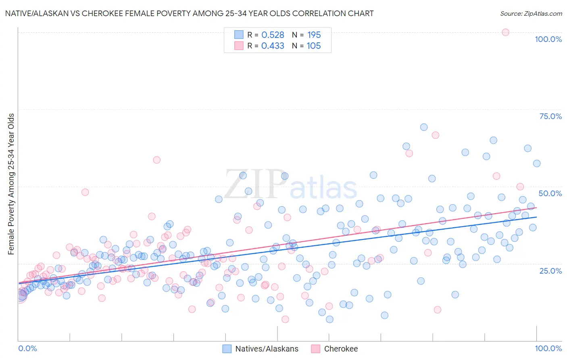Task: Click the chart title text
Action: [x=189, y=13]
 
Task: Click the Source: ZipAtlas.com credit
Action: [x=531, y=13]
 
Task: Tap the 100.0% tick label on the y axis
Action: [x=548, y=39]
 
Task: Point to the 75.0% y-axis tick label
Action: [x=550, y=116]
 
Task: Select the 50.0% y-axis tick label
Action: [x=550, y=193]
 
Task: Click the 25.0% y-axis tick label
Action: [x=550, y=270]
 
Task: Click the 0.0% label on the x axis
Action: [x=27, y=348]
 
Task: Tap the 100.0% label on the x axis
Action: [x=548, y=348]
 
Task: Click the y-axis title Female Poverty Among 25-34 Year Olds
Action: [x=11, y=184]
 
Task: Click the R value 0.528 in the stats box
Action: [x=273, y=35]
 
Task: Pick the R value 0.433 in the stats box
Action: [x=273, y=46]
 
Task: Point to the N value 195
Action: [x=314, y=35]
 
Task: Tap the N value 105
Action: [x=313, y=46]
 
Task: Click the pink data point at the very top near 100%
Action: [x=505, y=32]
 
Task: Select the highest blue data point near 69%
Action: [x=423, y=127]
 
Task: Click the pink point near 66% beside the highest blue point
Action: [x=435, y=135]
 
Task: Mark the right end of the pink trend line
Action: [x=536, y=207]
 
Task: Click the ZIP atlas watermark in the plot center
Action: [x=290, y=185]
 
